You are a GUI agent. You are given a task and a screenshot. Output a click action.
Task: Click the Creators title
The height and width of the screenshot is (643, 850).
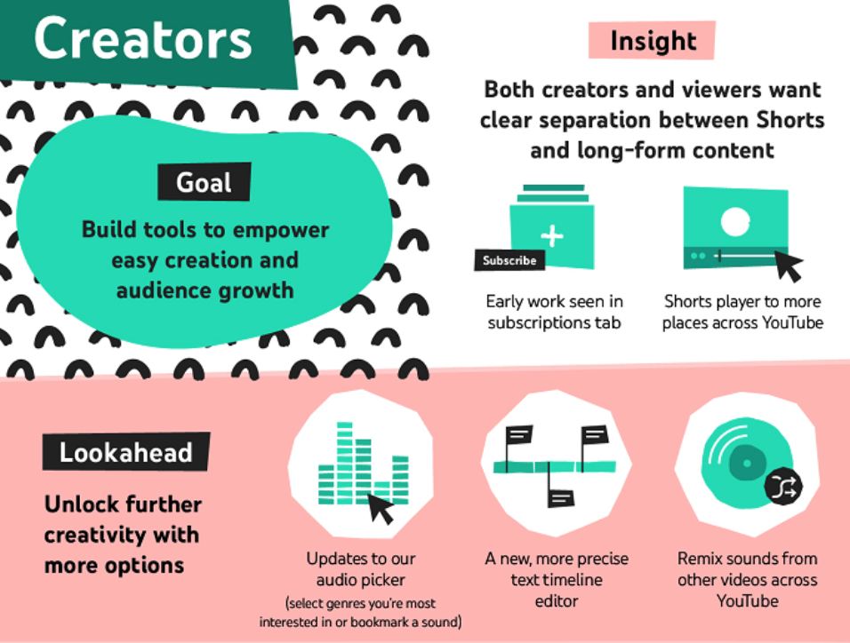142,38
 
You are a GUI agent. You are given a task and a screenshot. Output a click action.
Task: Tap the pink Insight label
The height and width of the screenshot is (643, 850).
652,40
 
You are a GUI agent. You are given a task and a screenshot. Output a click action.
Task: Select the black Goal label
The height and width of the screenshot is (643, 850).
204,182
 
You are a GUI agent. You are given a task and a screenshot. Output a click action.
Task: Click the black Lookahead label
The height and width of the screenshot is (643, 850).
125,452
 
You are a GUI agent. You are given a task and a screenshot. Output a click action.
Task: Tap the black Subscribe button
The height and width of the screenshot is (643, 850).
509,260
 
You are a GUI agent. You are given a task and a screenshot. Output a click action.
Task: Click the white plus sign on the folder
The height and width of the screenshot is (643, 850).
552,236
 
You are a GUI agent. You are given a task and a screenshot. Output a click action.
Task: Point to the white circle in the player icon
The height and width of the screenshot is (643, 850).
735,221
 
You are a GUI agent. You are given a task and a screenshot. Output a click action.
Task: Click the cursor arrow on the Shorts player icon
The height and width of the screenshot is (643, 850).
788,265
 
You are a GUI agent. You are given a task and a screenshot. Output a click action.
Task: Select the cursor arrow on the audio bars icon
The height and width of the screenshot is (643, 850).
381,508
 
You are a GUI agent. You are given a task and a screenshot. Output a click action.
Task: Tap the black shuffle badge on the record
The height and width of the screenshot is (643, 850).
783,486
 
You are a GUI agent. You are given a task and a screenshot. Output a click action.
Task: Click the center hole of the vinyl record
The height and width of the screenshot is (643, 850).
747,463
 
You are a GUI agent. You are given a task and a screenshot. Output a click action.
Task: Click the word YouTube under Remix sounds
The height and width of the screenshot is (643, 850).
748,600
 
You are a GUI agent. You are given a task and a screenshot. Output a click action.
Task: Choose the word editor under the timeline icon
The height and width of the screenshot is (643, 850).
557,600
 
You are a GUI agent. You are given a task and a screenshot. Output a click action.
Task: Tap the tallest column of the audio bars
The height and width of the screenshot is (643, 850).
344,463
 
